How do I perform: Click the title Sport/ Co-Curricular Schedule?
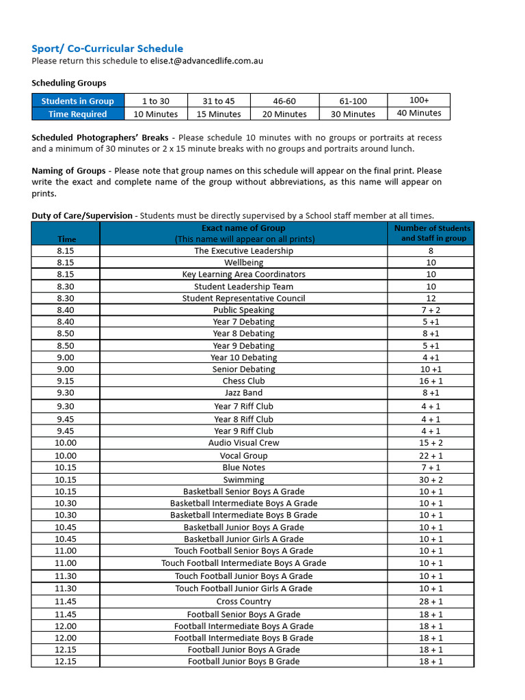click(107, 49)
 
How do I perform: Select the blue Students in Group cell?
click(77, 101)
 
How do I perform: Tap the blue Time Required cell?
click(77, 114)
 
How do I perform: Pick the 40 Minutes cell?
click(419, 113)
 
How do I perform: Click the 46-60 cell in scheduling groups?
click(284, 101)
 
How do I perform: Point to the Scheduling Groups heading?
click(69, 83)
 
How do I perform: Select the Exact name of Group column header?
click(243, 228)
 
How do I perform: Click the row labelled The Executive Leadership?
click(243, 251)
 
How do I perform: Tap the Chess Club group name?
click(243, 381)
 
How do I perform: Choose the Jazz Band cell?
click(243, 393)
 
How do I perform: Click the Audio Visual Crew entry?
click(243, 443)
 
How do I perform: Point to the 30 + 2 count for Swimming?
click(431, 480)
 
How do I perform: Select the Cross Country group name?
click(243, 602)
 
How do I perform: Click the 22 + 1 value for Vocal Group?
click(431, 456)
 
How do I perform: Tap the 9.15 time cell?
click(66, 381)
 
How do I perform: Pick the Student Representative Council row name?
click(243, 298)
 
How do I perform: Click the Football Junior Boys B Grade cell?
click(243, 661)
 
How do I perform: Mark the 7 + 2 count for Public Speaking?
click(431, 310)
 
